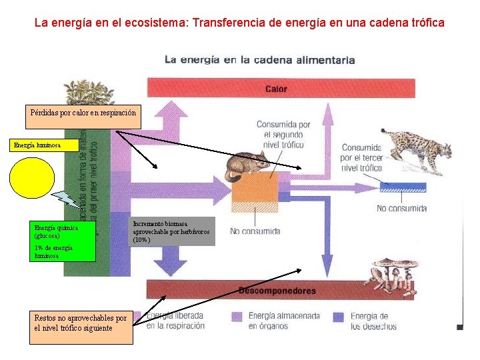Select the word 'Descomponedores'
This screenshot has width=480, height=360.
point(277,291)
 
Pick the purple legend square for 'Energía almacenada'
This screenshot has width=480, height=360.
point(236,316)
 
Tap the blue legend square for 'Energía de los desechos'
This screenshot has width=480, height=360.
point(338,316)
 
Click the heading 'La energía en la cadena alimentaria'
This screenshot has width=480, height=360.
point(259,60)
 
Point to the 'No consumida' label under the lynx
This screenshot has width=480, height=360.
point(401,208)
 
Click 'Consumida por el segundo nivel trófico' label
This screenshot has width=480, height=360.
point(284,135)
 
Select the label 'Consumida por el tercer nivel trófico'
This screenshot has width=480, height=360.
point(361,158)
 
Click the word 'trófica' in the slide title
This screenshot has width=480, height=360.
point(424,23)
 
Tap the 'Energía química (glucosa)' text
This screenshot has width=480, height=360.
point(56,231)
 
